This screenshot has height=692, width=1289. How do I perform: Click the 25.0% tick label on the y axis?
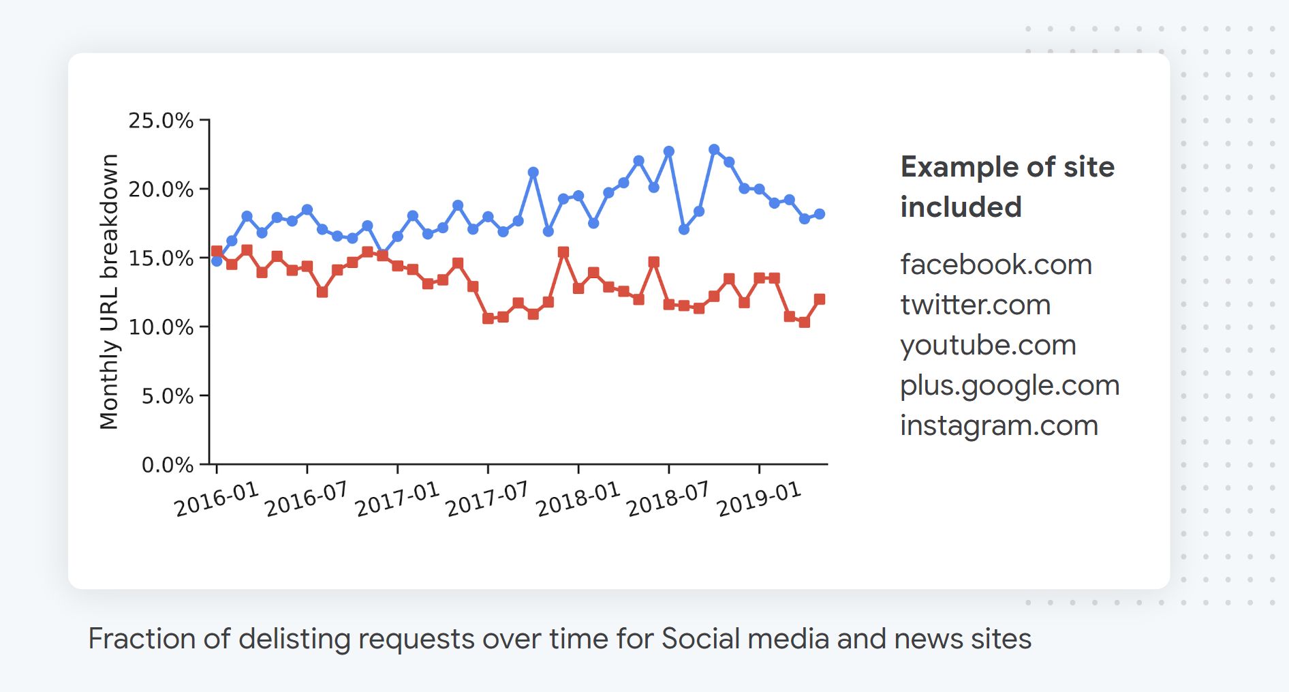(x=161, y=121)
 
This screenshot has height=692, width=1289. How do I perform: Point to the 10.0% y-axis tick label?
(x=161, y=327)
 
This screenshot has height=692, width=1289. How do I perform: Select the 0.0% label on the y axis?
(x=167, y=465)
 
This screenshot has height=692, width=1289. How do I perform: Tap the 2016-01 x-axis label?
(x=217, y=499)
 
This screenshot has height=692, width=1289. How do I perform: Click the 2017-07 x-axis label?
(x=487, y=499)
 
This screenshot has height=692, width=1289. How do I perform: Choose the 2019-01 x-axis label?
(x=759, y=499)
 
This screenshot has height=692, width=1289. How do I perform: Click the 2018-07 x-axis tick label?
(x=668, y=499)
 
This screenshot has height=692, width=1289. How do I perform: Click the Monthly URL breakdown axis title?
(x=109, y=292)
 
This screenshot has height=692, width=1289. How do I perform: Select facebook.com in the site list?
(x=995, y=265)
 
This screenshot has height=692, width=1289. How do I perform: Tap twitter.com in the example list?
(x=975, y=305)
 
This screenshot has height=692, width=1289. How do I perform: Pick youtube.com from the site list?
(x=988, y=345)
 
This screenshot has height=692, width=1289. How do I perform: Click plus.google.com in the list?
(x=1010, y=385)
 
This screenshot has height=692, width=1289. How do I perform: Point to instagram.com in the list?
(x=999, y=425)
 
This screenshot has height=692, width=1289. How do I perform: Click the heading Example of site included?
(x=1007, y=187)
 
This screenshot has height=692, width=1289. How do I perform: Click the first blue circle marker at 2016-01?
(x=217, y=260)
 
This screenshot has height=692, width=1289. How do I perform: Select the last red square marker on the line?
(x=820, y=299)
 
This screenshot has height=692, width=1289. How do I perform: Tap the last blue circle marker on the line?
(x=820, y=214)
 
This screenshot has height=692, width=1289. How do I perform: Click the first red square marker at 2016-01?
(x=217, y=252)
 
